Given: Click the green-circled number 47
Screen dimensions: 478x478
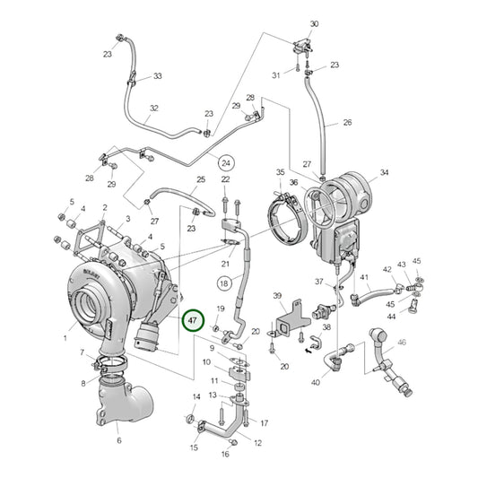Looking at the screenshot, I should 193,319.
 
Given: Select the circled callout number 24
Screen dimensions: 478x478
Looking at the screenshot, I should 225,162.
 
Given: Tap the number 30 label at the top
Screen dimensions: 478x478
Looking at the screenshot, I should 314,23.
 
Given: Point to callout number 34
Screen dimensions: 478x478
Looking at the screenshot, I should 384,173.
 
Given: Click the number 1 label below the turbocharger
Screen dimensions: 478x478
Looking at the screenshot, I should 65,338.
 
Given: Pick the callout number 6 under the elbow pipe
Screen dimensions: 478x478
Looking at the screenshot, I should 118,440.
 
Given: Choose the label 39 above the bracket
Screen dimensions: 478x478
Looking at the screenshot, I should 277,296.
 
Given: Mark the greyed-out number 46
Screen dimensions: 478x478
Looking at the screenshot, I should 402,343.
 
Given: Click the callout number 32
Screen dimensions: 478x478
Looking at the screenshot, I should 153,109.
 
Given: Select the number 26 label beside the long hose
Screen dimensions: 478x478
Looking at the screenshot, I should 347,123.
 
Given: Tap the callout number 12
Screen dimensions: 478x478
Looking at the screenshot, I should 257,443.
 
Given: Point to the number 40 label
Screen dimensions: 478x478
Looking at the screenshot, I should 316,383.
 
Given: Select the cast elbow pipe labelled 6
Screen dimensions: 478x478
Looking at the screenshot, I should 117,404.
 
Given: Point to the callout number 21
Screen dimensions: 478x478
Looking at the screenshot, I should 226,263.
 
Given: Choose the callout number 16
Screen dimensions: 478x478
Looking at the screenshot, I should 225,454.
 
